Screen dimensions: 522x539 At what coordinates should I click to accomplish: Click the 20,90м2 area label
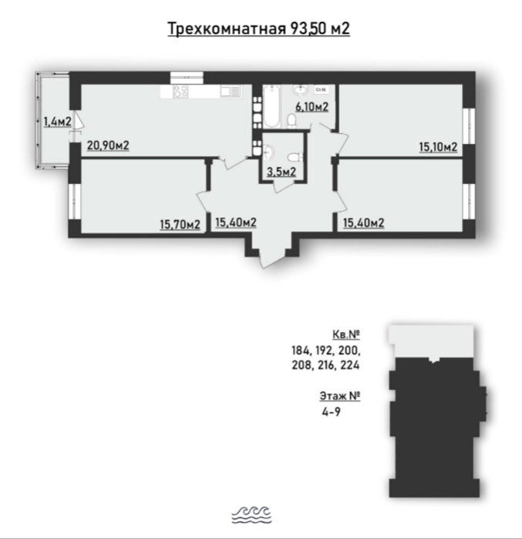108,146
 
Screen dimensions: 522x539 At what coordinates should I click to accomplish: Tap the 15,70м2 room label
180,225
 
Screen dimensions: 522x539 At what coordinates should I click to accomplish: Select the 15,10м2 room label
438,147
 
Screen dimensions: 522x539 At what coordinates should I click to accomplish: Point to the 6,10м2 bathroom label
312,107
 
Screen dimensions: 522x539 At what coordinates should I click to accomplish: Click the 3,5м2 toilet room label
281,172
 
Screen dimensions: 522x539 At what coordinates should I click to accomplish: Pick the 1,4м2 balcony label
58,122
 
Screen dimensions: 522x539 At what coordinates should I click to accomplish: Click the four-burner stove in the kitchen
180,91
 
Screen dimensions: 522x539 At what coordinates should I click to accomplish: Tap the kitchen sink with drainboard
230,91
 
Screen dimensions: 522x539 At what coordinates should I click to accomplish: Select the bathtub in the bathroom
272,106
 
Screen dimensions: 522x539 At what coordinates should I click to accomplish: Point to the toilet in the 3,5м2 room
295,158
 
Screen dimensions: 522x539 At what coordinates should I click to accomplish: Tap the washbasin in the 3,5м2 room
268,152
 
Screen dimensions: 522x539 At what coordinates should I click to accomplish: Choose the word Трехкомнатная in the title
227,28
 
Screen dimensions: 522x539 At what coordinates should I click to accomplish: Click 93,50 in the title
309,28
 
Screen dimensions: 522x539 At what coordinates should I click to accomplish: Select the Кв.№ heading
346,334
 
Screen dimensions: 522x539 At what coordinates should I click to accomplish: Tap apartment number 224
350,365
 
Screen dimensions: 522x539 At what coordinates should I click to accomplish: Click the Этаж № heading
340,396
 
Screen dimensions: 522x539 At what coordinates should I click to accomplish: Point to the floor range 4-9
332,412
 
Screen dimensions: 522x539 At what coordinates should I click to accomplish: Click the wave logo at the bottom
251,515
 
